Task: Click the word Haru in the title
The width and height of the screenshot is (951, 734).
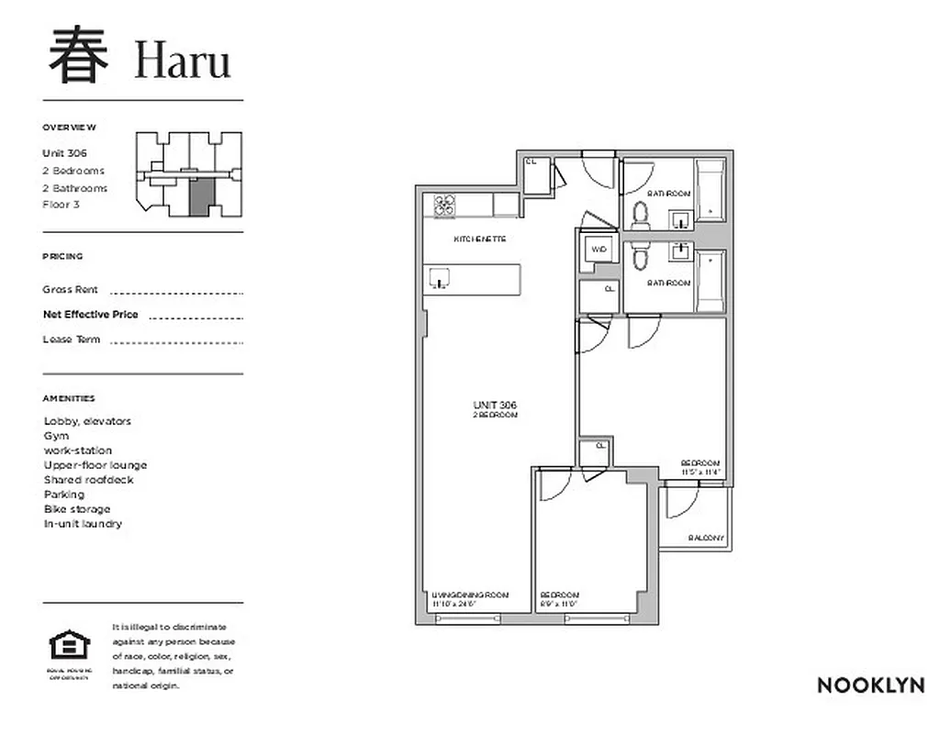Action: click(183, 61)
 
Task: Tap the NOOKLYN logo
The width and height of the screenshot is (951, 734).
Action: click(870, 685)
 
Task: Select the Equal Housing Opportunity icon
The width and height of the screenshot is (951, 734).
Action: click(64, 648)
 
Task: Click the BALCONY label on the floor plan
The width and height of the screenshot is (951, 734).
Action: click(706, 538)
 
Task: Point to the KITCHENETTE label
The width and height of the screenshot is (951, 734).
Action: click(480, 239)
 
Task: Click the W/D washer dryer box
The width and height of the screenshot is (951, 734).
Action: click(599, 250)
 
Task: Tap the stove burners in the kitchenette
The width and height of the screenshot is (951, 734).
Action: click(445, 206)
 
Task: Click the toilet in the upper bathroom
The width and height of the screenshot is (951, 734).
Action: click(640, 214)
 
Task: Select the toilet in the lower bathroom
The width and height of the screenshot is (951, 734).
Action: click(640, 259)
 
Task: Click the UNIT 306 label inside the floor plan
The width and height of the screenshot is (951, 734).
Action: click(495, 406)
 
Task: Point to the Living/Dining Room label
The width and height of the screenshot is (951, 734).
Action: click(470, 595)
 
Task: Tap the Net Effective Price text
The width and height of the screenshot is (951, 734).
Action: click(90, 315)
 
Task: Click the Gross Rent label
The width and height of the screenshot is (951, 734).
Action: click(70, 290)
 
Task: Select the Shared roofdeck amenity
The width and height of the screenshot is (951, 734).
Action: click(88, 480)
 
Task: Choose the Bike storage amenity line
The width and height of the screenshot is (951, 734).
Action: click(77, 509)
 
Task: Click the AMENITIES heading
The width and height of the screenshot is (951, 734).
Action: click(68, 399)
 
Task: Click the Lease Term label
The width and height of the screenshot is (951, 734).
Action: click(71, 339)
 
